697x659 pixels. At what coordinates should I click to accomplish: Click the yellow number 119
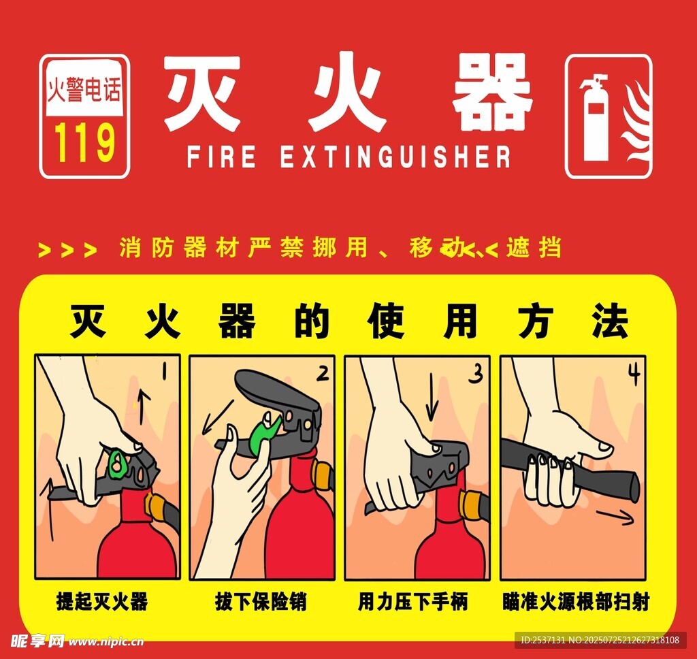coord(84,142)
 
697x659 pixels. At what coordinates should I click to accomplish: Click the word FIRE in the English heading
coord(222,156)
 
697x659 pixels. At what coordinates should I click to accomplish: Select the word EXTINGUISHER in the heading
coord(395,156)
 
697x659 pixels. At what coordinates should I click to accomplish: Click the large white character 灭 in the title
coord(202,93)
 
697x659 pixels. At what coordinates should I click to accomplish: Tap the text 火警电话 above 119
coord(84,89)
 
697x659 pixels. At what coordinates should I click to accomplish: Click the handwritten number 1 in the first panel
coord(164,370)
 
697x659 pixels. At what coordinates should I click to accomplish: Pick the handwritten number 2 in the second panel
coord(323,372)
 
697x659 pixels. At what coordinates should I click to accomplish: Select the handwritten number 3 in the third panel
coord(476,373)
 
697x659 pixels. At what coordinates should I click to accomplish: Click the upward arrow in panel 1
coord(142,406)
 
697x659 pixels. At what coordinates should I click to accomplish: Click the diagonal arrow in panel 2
coord(217,417)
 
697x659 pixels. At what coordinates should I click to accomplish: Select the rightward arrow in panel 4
coord(615,516)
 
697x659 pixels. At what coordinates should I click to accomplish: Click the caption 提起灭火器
coord(102,602)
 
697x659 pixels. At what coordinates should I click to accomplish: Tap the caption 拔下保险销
coord(261,602)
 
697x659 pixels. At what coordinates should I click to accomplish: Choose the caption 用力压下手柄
coord(413,602)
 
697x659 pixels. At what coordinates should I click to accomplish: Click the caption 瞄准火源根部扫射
coord(576,602)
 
